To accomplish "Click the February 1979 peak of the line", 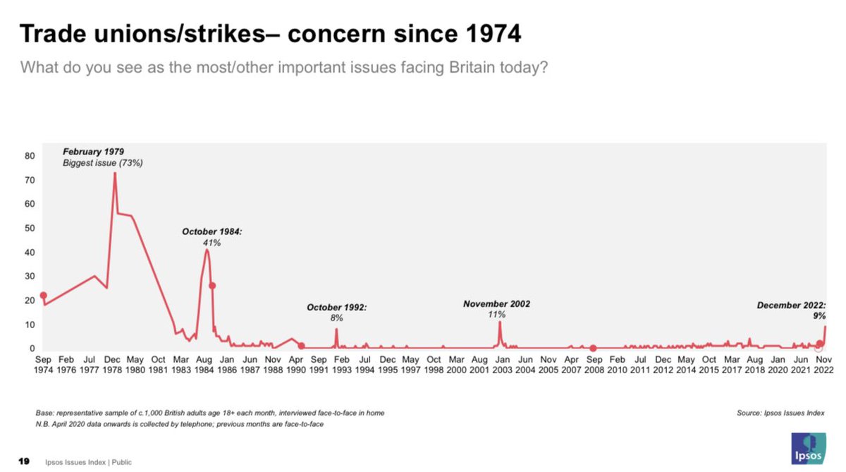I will click(x=114, y=173).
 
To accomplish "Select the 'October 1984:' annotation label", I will click(x=212, y=231).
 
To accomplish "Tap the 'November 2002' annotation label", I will click(x=496, y=304).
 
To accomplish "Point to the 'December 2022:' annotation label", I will click(x=791, y=305).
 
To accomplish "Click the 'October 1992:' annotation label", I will click(x=336, y=308).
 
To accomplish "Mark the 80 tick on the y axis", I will click(x=30, y=156).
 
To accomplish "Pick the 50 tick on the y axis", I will click(x=30, y=229).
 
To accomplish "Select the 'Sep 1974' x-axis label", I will click(x=44, y=364).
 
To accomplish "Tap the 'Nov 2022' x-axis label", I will click(x=823, y=364).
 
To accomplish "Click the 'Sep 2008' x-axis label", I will click(x=594, y=364).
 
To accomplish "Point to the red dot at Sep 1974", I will click(x=44, y=296).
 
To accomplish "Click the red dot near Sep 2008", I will click(x=594, y=348).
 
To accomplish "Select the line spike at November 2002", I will click(x=500, y=322).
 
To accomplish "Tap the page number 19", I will click(x=23, y=462).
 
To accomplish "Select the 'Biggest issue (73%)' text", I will click(x=103, y=163).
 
